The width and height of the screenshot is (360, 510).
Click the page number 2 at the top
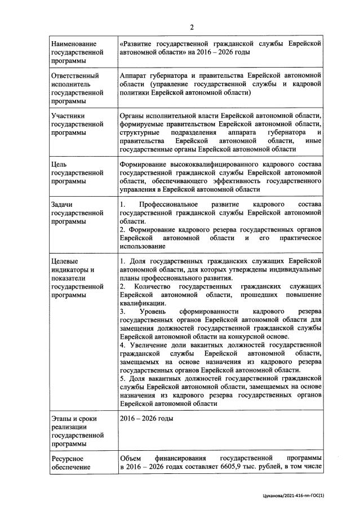(192, 28)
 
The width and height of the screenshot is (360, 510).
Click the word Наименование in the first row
(74, 43)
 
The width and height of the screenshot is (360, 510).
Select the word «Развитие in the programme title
(139, 43)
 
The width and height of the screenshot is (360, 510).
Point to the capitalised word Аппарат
(136, 76)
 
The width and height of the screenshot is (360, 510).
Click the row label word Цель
(59, 164)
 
